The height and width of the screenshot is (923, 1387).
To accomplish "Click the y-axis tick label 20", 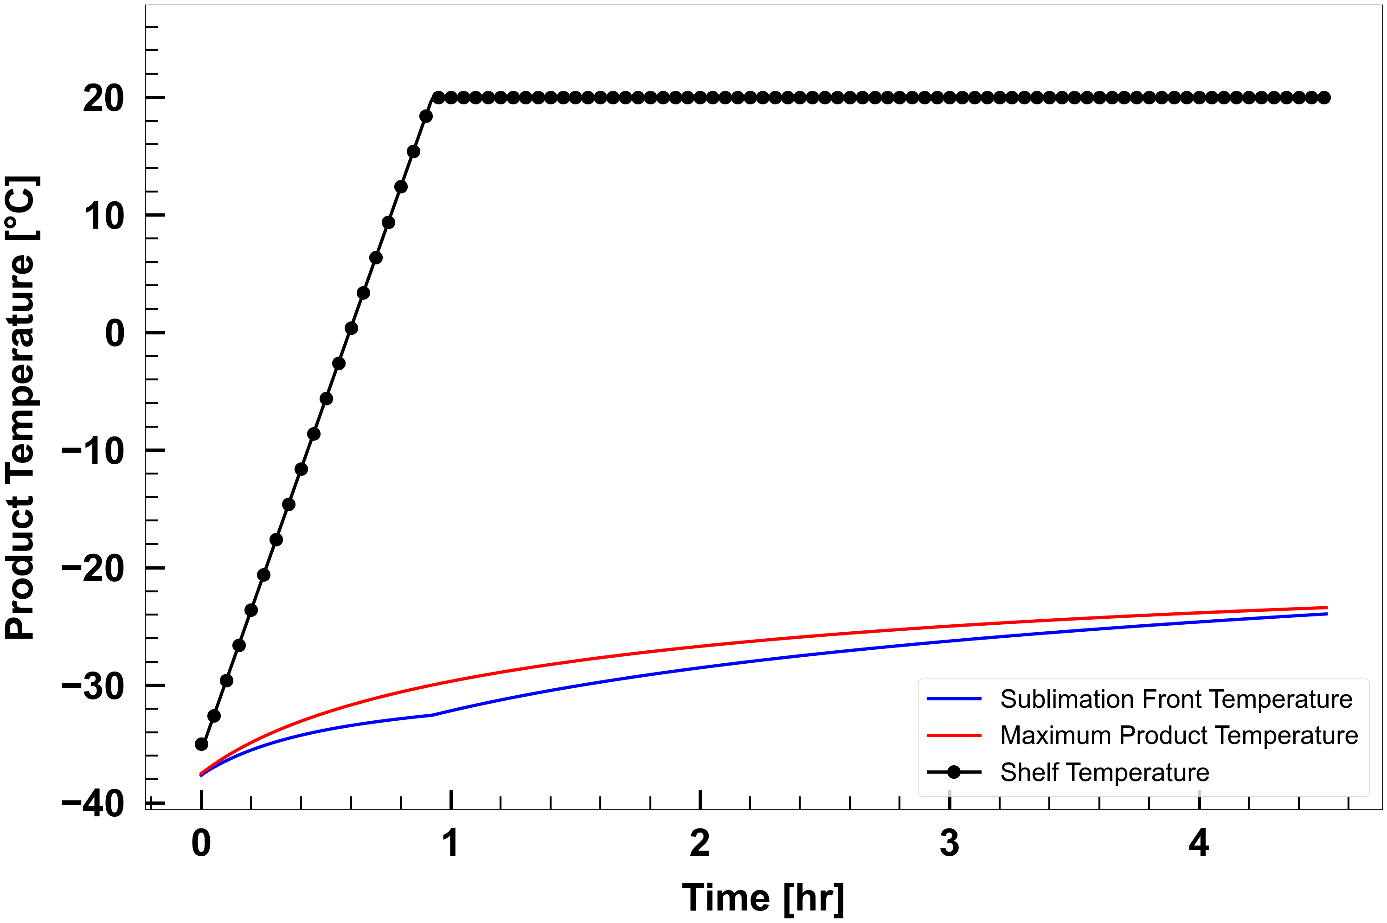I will coord(103,98).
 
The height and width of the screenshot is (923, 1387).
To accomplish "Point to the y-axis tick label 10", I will coord(103,216).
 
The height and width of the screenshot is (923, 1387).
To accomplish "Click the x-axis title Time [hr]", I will coord(764,897).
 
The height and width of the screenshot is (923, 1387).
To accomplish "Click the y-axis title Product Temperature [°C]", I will coord(21,407).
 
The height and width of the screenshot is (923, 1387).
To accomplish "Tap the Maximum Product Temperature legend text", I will coord(1179,735).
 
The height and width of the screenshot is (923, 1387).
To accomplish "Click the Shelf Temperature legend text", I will coord(1104,772).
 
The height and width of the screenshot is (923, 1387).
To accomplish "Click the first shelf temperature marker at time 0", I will coord(201,744).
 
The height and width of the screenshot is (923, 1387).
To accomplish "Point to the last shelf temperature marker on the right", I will coord(1324,98).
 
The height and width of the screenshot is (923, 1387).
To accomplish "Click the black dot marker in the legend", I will coord(954,772).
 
